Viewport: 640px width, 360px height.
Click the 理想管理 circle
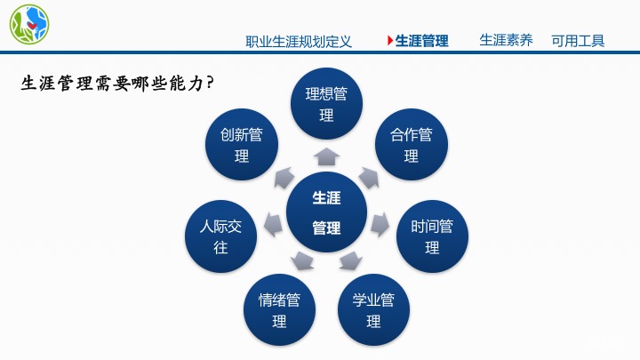pyautogui.click(x=326, y=106)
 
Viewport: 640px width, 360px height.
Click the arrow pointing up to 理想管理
pyautogui.click(x=327, y=157)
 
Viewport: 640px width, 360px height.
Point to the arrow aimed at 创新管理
pyautogui.click(x=284, y=176)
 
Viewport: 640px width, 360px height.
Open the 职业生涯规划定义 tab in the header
pyautogui.click(x=299, y=41)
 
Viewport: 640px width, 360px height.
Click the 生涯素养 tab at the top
pyautogui.click(x=506, y=40)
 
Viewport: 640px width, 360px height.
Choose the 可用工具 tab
pyautogui.click(x=578, y=40)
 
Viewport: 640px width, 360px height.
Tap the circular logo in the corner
pyautogui.click(x=29, y=25)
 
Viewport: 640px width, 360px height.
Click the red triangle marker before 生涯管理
pyautogui.click(x=389, y=41)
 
